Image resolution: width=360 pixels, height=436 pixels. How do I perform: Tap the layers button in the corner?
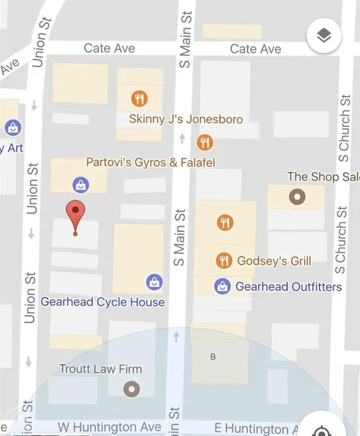click(x=324, y=37)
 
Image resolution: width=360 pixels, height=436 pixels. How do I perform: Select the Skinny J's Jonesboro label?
click(x=186, y=119)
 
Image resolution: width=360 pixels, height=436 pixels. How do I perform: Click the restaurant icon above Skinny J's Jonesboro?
click(x=140, y=98)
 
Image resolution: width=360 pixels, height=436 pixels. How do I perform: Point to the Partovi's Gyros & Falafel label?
click(x=151, y=163)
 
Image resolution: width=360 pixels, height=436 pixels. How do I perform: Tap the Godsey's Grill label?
click(x=275, y=260)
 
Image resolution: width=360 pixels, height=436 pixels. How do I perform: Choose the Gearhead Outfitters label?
click(x=289, y=287)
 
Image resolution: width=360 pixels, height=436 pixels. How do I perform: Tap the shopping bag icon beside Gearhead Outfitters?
click(x=223, y=287)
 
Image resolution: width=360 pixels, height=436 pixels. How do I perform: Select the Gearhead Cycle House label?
click(x=103, y=302)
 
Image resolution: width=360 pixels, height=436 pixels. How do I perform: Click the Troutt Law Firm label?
click(x=101, y=369)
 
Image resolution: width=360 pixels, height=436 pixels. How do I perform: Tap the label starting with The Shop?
click(x=323, y=177)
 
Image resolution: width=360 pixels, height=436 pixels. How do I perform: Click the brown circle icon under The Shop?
click(x=296, y=197)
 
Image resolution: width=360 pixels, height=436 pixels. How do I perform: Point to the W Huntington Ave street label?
click(x=110, y=427)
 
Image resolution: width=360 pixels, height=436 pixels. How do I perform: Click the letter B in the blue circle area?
click(x=212, y=357)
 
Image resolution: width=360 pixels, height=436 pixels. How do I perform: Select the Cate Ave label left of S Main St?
click(x=109, y=48)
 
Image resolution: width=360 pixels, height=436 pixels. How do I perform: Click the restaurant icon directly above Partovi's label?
click(x=205, y=142)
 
